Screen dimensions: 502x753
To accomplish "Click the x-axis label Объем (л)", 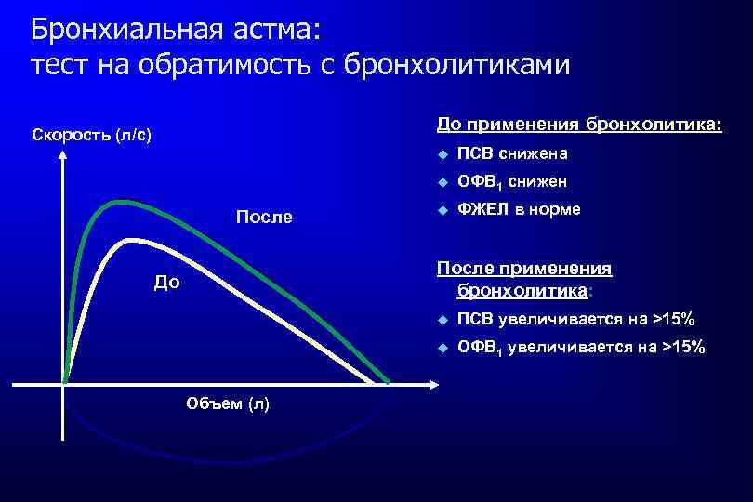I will click(228, 403).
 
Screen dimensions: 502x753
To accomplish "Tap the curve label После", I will click(264, 218).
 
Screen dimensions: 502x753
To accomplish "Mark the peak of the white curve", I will click(133, 241).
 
